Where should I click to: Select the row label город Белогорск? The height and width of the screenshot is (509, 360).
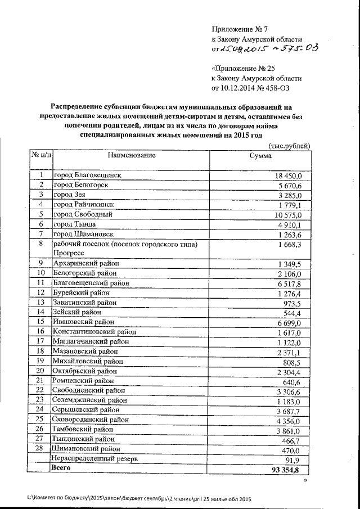pos(80,185)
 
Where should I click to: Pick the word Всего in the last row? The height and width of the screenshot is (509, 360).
pos(62,468)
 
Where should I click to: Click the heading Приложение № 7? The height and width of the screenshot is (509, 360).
pos(241,29)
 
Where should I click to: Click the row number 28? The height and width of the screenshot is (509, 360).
pos(39,449)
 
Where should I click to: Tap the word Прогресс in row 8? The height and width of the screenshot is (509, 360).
pos(70,253)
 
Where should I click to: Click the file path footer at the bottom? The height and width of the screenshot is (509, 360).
pos(138,499)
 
